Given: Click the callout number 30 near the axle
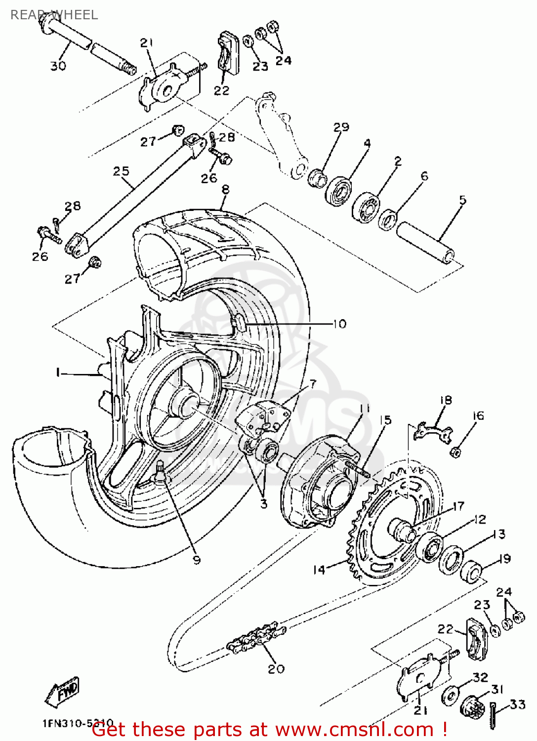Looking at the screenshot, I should click(x=58, y=66).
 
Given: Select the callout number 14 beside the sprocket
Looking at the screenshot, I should click(x=319, y=570).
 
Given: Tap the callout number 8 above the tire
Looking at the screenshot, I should click(x=226, y=190).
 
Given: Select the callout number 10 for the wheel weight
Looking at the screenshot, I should click(x=340, y=324).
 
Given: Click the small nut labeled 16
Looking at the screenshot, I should click(x=456, y=451).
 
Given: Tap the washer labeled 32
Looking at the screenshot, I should click(x=450, y=696).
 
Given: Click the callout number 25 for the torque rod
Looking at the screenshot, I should click(x=121, y=171).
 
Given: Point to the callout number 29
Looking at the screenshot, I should click(x=341, y=127).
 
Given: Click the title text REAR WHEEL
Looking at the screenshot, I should click(x=54, y=15).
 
